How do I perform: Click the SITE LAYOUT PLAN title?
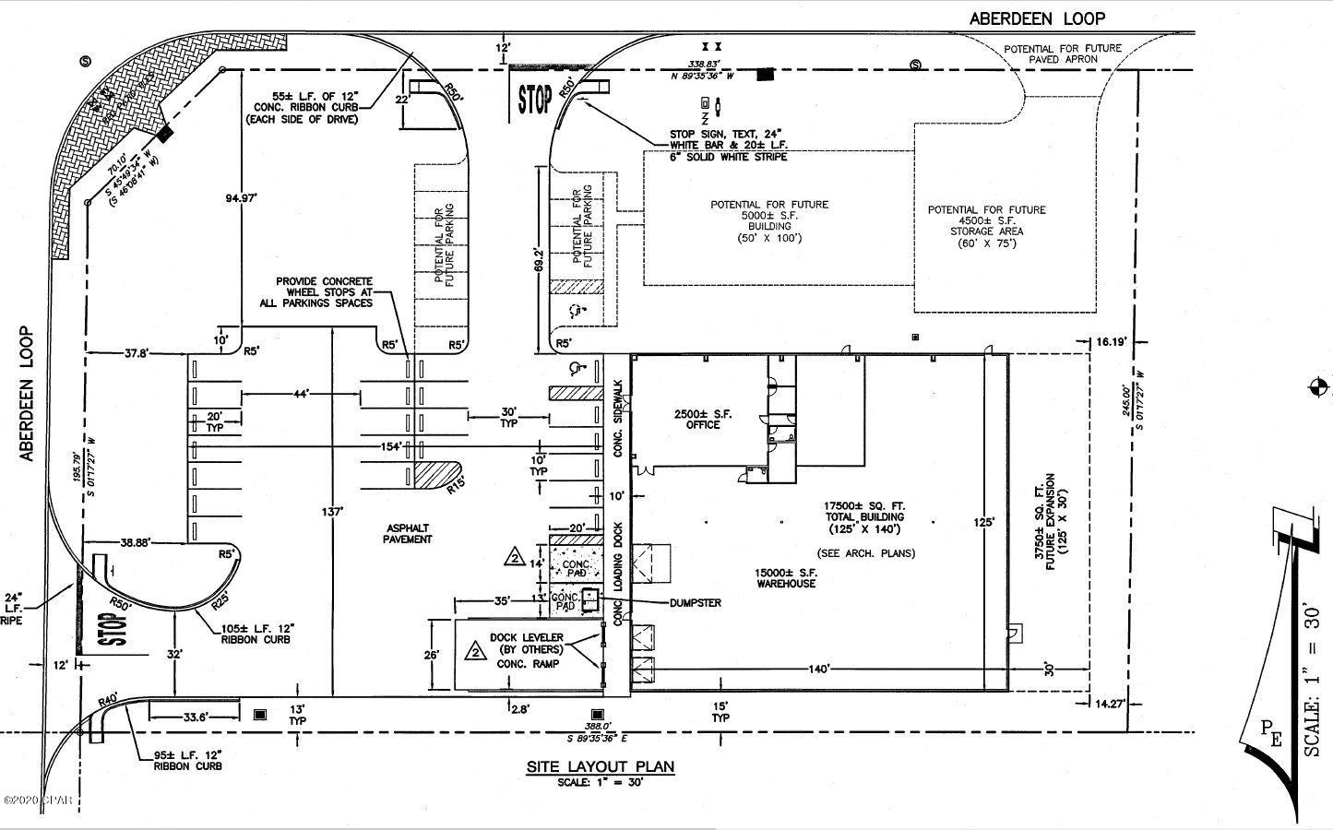click(600, 766)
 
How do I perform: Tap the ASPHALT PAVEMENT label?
click(407, 533)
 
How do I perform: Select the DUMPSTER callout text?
click(695, 602)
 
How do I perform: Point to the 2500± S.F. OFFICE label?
click(703, 420)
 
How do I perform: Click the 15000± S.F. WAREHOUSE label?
click(786, 577)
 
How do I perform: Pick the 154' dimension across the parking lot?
click(391, 447)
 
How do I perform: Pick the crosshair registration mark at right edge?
click(1318, 387)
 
